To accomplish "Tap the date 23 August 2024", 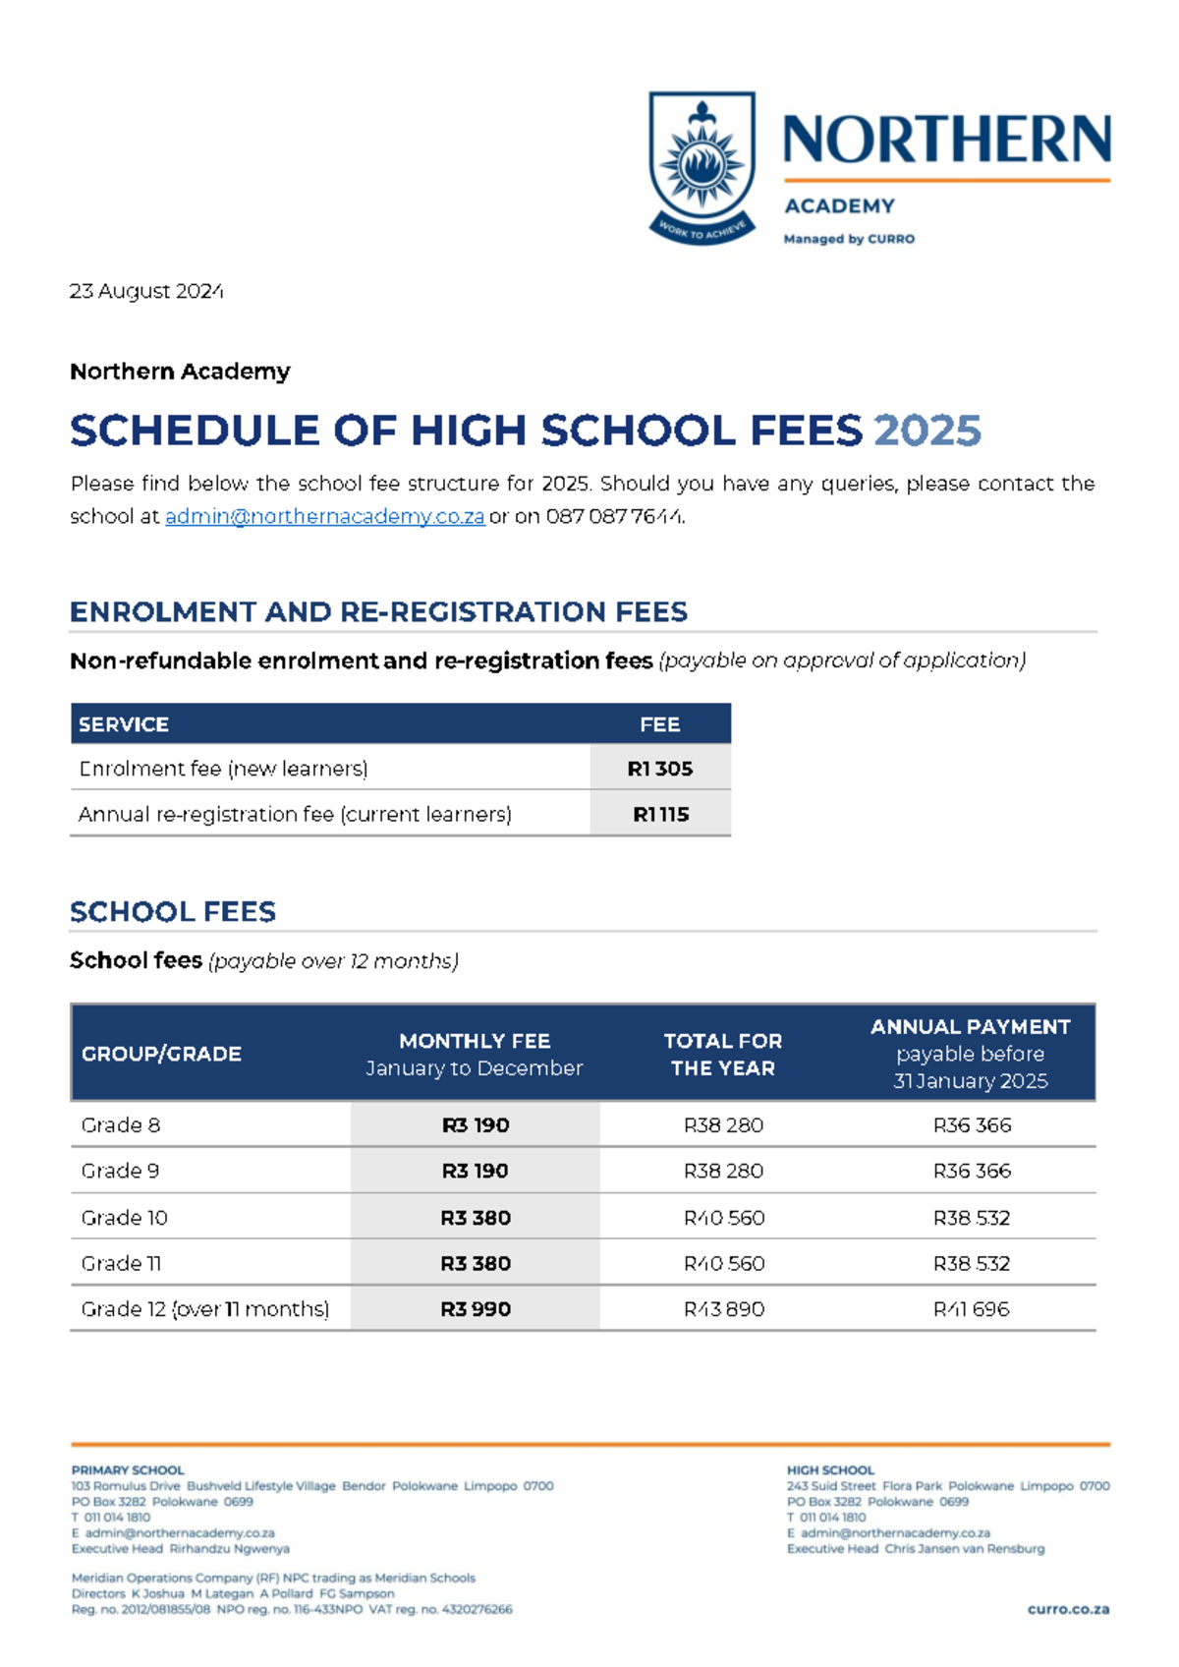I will click(x=146, y=291).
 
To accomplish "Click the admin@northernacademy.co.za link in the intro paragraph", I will click(x=324, y=517).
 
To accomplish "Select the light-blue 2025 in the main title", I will click(x=926, y=431).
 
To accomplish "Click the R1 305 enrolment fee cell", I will click(x=660, y=769).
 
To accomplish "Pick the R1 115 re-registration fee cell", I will click(x=660, y=814).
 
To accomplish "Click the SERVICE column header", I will click(x=124, y=724).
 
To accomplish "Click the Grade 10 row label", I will click(x=125, y=1217).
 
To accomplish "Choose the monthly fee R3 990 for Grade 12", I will click(x=476, y=1309).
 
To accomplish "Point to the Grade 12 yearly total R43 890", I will click(x=723, y=1309).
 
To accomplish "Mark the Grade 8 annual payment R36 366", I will click(x=972, y=1124).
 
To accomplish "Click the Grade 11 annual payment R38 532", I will click(x=972, y=1263).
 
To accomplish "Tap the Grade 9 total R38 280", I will click(x=723, y=1171).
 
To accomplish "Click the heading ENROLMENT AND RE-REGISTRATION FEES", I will click(x=378, y=611).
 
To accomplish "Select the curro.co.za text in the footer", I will click(x=1068, y=1609).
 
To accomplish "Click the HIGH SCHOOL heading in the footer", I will click(x=830, y=1470).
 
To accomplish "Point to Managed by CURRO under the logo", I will click(x=849, y=239).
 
